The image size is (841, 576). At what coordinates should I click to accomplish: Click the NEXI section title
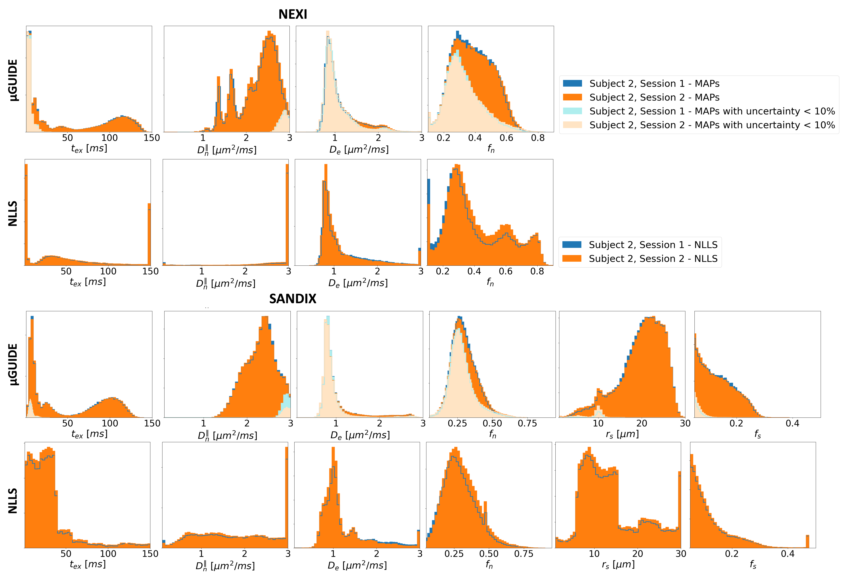pos(293,14)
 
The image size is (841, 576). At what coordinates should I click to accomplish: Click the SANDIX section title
pos(293,299)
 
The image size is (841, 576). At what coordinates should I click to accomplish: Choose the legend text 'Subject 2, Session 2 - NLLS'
pos(653,259)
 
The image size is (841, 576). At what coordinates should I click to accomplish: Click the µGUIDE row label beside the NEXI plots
pos(13,80)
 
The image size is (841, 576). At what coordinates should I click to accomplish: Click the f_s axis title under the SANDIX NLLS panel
pos(753,564)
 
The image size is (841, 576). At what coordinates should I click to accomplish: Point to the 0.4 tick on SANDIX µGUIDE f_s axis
pos(792,423)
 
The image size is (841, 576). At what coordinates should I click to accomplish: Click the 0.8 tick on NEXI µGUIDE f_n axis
pos(538,138)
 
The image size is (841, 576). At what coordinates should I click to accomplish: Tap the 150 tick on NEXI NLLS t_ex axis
pos(150,271)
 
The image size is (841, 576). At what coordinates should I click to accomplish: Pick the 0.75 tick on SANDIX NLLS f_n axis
pos(524,554)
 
